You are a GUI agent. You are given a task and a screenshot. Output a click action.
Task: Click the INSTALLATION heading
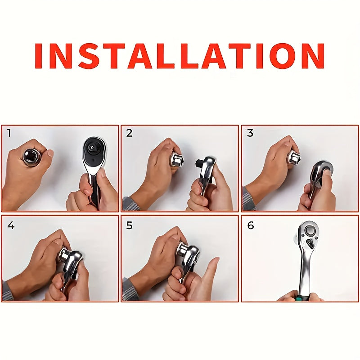click(180, 56)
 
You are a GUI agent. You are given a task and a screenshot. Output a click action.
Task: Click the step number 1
click(9, 133)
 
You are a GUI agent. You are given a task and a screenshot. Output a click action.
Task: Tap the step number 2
click(130, 133)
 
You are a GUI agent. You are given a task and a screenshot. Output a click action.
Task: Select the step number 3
click(250, 133)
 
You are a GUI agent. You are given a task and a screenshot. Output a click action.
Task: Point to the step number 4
click(10, 225)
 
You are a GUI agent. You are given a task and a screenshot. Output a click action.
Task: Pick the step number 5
click(130, 225)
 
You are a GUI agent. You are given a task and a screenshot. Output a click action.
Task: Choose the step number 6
click(251, 225)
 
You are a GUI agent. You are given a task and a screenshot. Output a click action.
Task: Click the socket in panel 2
click(176, 159)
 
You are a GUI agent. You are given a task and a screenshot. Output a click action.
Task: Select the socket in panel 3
click(294, 158)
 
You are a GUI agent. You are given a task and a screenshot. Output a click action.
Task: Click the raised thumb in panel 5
click(210, 270)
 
